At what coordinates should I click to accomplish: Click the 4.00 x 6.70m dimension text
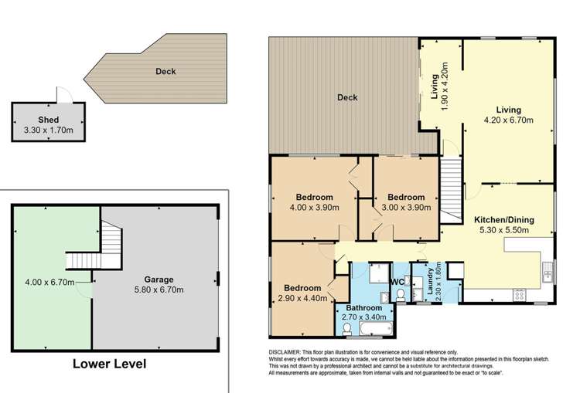[48, 282]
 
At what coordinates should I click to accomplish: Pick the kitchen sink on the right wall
[548, 271]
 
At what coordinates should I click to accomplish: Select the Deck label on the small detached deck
[165, 72]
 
